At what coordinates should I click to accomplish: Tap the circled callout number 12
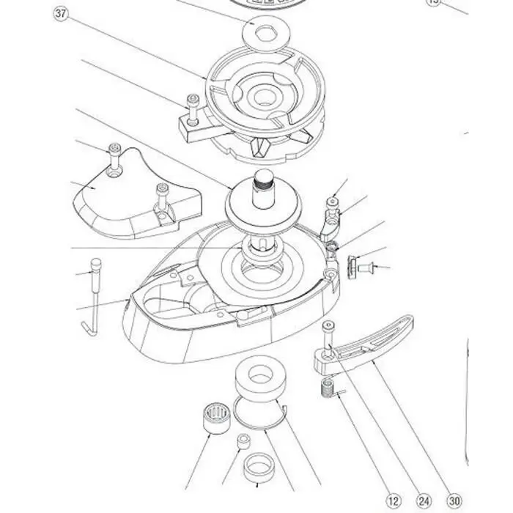click(394, 501)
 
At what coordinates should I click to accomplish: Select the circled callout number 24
click(424, 501)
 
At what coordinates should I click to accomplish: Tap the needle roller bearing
click(213, 419)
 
